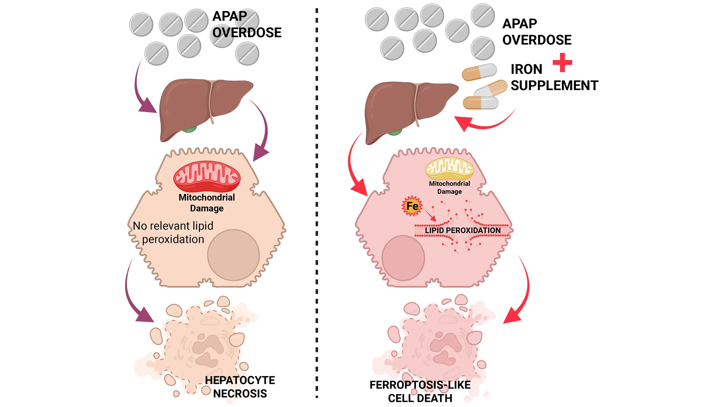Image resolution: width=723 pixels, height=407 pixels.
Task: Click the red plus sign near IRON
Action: [x=562, y=62]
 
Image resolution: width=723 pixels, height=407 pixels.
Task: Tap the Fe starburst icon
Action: [x=412, y=206]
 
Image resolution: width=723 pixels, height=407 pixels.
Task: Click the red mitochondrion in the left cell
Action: [x=207, y=176]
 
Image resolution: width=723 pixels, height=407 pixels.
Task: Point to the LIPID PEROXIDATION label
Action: [x=462, y=231]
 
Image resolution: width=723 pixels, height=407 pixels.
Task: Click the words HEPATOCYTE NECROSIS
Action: [x=240, y=387]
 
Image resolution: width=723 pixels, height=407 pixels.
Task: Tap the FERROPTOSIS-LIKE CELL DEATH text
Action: [x=420, y=392]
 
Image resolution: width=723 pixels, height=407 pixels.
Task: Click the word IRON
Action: [x=526, y=69]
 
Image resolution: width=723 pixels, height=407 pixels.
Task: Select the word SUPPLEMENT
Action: [x=554, y=86]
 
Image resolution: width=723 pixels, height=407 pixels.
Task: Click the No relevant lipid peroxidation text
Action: [x=173, y=233]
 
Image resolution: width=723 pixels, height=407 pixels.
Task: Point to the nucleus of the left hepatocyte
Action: [x=233, y=255]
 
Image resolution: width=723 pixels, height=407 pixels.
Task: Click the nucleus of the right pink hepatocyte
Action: [x=403, y=258]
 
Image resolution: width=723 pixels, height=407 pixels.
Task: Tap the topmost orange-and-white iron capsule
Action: [x=479, y=72]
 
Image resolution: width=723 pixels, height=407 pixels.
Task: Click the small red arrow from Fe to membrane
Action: [x=430, y=216]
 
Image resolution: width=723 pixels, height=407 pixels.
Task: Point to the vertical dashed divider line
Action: [x=317, y=202]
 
